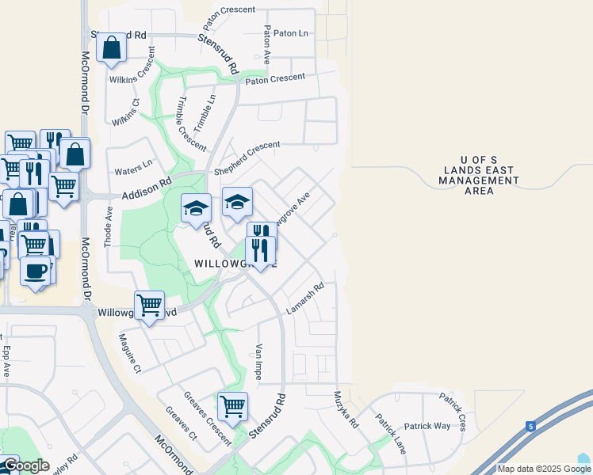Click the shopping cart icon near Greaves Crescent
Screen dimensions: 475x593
point(232,407)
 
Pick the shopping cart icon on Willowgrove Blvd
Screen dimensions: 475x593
point(149,304)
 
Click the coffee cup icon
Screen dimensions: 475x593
point(34,271)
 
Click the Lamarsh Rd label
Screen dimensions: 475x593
point(306,298)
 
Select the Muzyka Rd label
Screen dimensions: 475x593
point(346,410)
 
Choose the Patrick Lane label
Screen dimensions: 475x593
point(391,433)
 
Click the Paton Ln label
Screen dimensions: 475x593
point(290,33)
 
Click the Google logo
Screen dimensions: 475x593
point(25,466)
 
